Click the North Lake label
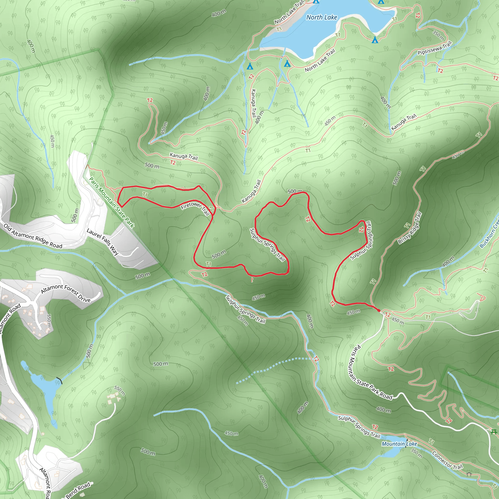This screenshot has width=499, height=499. pos(322,17)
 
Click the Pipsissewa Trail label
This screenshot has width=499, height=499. pos(435,48)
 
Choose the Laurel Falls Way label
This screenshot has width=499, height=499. pos(103,242)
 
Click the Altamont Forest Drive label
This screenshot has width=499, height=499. pos(66,293)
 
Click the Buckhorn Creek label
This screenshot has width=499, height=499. pos(489,233)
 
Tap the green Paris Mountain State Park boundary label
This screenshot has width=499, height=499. pos(112,202)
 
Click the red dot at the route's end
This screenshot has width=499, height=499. pos(379,310)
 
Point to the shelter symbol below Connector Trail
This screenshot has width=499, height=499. pos(469,474)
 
